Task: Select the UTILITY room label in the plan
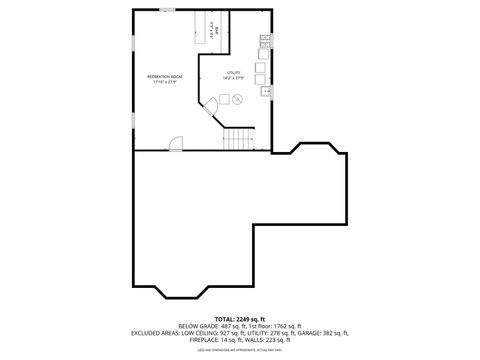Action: (234, 72)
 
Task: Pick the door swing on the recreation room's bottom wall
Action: (176, 145)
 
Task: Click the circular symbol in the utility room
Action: (238, 100)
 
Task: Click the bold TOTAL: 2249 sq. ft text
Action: (240, 319)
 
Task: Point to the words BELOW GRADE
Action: (197, 326)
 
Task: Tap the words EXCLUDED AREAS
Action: (158, 333)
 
